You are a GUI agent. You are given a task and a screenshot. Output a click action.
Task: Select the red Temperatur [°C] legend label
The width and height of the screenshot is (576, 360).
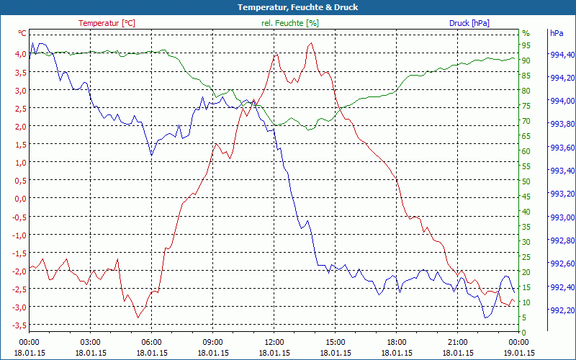tap(107, 23)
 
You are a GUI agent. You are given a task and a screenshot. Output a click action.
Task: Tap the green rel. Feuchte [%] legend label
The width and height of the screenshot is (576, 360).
tap(289, 23)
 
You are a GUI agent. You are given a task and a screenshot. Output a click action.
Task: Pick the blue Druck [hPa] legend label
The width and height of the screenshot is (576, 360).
tap(469, 23)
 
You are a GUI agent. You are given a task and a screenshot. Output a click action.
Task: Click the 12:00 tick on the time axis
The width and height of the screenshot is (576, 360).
tap(274, 342)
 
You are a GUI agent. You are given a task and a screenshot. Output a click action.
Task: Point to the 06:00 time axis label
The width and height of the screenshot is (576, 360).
tap(151, 342)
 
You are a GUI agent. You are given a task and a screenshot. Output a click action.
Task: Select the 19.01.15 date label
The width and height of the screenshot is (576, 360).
tap(519, 353)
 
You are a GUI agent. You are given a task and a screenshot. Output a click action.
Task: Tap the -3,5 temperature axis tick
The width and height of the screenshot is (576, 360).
tap(17, 325)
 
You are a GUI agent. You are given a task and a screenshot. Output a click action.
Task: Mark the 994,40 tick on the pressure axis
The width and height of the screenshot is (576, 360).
tap(562, 55)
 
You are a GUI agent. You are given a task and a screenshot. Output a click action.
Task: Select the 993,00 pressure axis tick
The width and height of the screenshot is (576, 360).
tap(562, 217)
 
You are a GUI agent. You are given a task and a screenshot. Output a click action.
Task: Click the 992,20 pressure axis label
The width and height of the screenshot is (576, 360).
tap(562, 310)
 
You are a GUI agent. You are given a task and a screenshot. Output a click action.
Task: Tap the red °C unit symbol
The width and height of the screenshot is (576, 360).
tap(22, 33)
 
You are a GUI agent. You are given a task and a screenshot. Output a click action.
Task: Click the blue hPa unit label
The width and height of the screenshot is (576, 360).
tap(557, 33)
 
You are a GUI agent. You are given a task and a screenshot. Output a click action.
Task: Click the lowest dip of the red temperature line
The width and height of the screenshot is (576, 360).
tap(138, 318)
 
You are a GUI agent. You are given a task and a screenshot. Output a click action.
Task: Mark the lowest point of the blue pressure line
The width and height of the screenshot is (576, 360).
tap(486, 318)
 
